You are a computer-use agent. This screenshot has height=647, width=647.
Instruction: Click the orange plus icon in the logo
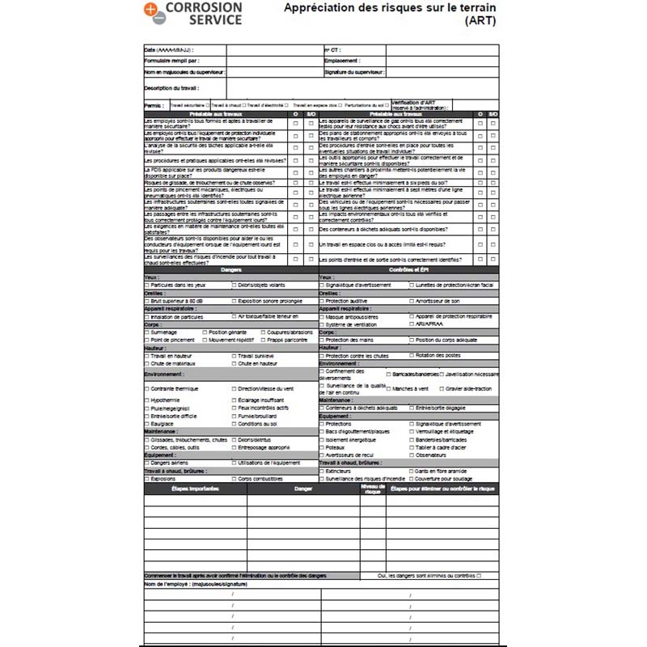click(151, 9)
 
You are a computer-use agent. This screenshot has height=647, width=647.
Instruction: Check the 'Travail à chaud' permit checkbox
click(208, 105)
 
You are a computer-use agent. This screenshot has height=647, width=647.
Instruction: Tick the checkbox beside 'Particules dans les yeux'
click(146, 285)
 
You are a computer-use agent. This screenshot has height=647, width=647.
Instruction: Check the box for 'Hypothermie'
click(146, 400)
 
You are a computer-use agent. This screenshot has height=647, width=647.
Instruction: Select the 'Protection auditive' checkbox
click(322, 300)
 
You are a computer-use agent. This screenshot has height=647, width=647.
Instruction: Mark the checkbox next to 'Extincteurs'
click(322, 471)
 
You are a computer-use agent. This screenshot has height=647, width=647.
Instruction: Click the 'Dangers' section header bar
click(231, 269)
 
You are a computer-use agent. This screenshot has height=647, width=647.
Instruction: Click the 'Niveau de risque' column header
click(372, 488)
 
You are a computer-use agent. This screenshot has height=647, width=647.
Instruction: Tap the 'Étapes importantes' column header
click(195, 488)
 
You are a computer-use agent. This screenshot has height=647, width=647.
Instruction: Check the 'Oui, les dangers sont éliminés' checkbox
click(479, 575)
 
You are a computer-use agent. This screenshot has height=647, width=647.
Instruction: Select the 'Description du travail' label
click(171, 87)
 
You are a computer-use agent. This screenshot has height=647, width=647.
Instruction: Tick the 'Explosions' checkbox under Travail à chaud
click(146, 479)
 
